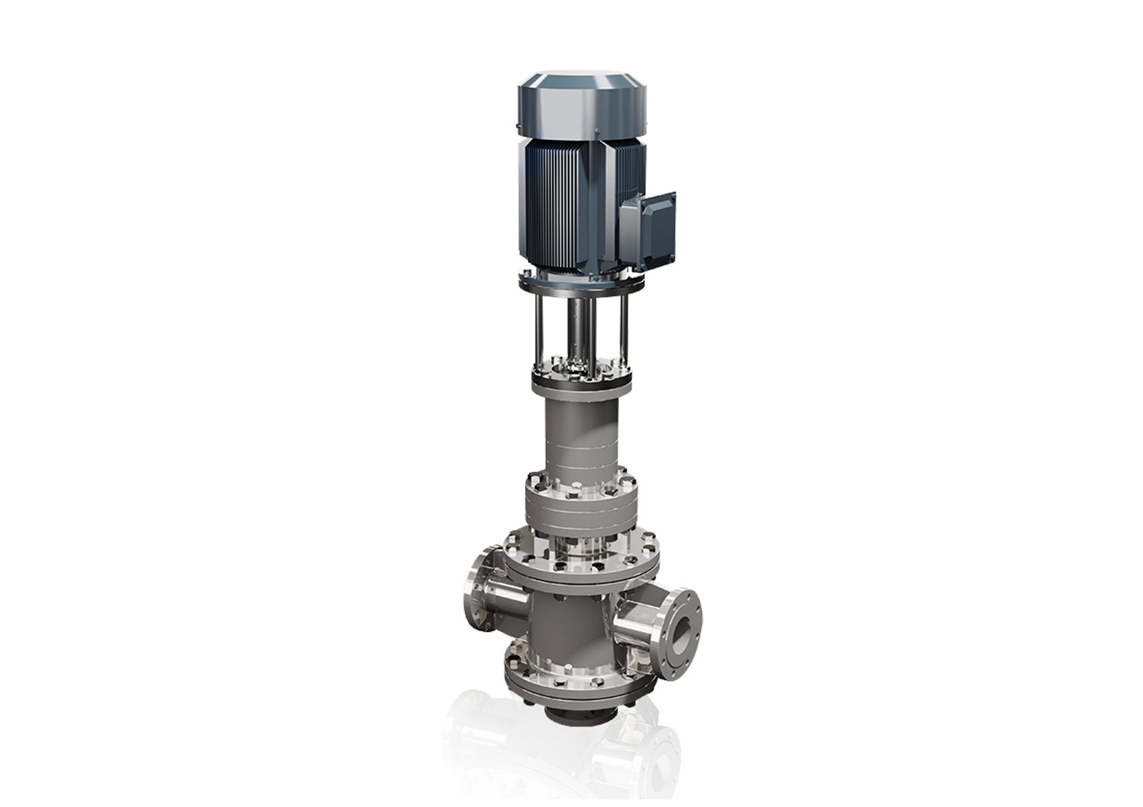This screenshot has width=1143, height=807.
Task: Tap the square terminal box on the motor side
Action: click(647, 226)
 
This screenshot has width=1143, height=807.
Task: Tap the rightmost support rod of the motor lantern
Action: click(626, 329)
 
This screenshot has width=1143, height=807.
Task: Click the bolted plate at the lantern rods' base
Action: click(581, 375)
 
